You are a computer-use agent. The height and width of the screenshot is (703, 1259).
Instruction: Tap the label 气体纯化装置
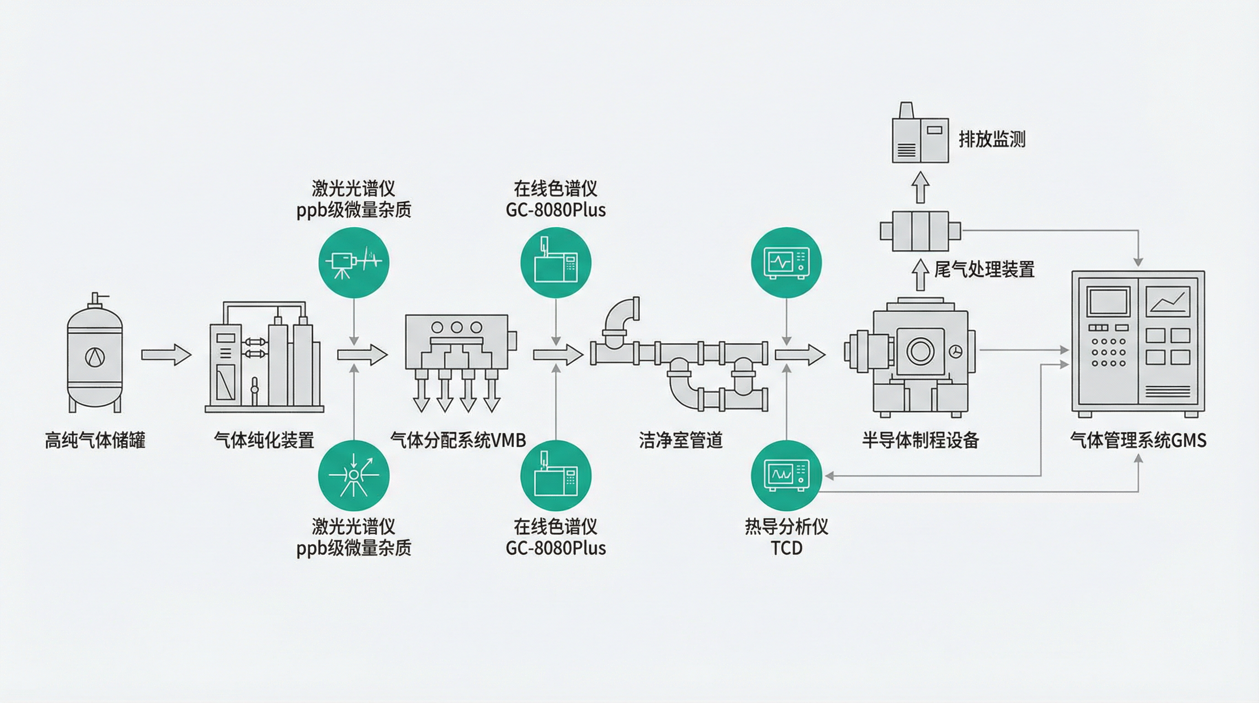click(264, 440)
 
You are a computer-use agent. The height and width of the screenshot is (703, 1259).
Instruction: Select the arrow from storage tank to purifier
click(166, 354)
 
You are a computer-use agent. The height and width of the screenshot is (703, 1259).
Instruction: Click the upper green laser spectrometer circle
click(354, 263)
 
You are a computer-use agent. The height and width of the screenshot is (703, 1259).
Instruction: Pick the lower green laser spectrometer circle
click(354, 476)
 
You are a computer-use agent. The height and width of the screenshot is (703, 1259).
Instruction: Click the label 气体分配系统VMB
click(458, 440)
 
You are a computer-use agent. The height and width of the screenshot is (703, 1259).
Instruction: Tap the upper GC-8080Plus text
click(556, 210)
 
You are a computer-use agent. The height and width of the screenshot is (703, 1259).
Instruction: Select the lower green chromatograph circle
click(556, 476)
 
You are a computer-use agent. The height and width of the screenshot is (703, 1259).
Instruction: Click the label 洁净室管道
click(681, 440)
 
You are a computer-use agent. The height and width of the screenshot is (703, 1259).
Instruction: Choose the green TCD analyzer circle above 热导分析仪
click(786, 476)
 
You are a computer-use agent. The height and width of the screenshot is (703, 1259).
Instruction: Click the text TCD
click(786, 548)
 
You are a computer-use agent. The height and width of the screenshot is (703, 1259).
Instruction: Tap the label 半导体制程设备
click(920, 440)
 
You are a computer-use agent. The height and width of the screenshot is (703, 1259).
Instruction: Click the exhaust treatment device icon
click(920, 231)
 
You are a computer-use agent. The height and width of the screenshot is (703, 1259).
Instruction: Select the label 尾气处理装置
click(985, 270)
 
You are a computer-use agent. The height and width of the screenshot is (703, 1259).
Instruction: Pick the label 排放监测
click(992, 139)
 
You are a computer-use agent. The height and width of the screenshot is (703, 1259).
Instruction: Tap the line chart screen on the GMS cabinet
click(1168, 301)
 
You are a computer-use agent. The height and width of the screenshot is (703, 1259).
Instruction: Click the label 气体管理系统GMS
click(1138, 440)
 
